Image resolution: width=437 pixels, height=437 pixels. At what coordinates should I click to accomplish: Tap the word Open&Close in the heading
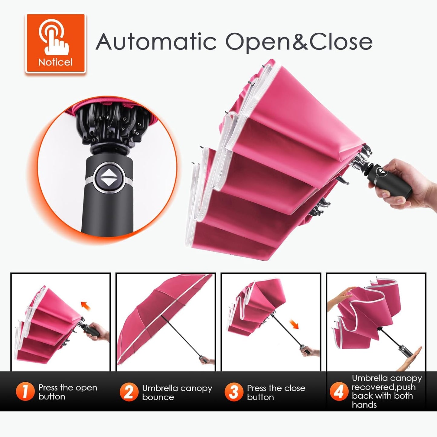click(299, 42)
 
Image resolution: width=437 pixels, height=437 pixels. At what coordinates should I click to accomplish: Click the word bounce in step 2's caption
click(158, 403)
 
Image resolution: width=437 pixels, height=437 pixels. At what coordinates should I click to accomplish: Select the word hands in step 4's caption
click(364, 411)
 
